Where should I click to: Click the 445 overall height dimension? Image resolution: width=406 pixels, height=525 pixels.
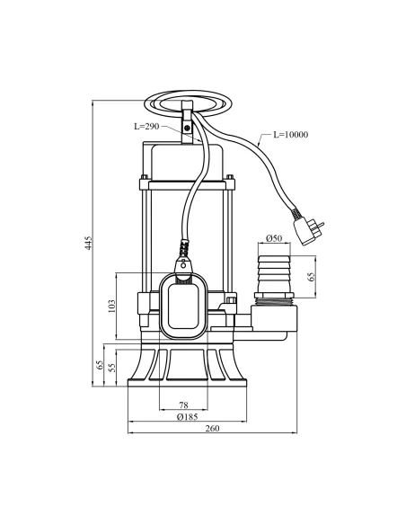[x=89, y=243]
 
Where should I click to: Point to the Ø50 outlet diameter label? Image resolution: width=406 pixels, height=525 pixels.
[x=275, y=239]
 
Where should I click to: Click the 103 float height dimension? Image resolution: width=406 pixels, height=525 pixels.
[x=111, y=306]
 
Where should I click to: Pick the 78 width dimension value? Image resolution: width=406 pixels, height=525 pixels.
[x=182, y=405]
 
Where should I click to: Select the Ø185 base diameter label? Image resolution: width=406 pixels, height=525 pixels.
[x=187, y=417]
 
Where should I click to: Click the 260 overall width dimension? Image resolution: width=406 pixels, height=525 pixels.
[x=212, y=429]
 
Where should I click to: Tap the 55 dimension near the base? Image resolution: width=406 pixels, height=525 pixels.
[x=111, y=368]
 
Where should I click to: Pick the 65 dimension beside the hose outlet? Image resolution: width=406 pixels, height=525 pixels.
[x=312, y=276]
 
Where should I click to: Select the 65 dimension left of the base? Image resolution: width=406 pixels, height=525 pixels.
[x=99, y=366]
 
